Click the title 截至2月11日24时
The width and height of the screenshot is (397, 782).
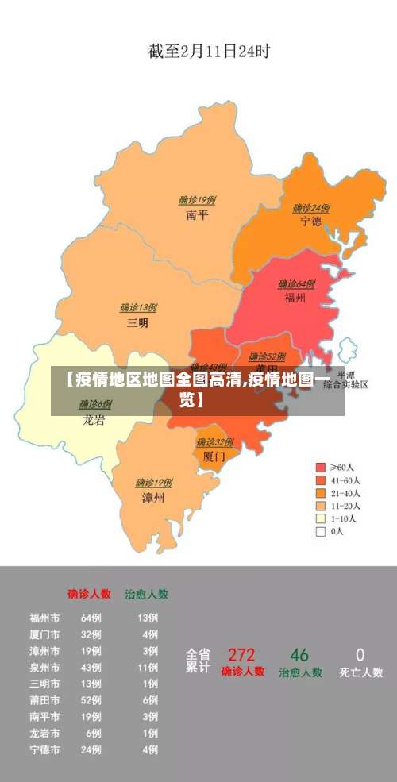pos(209,52)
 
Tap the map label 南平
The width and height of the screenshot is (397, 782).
pos(197,215)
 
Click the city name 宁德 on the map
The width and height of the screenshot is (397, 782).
pos(310,222)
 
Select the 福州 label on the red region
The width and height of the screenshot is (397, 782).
pos(296,299)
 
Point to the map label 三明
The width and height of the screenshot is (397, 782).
pos(137,322)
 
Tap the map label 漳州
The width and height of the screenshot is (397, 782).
pos(153,498)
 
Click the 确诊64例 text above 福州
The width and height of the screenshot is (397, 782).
pos(296,284)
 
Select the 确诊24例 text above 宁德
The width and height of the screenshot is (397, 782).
pos(310,208)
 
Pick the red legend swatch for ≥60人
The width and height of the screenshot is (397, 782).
pos(321,468)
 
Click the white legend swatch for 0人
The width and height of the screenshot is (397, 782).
pos(321,532)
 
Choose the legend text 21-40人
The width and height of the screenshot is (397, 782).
pos(346,493)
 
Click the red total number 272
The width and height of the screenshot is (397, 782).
pos(241,655)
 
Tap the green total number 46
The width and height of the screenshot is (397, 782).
pos(299,655)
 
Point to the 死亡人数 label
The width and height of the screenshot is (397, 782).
pos(360,672)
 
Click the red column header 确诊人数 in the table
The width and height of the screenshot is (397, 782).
pos(89,593)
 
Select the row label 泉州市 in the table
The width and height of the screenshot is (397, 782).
pos(44,668)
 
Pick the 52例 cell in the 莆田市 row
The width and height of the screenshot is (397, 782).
pos(91,700)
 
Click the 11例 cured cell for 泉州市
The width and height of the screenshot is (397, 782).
pos(147,668)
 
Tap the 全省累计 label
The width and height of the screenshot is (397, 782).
pos(198,661)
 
